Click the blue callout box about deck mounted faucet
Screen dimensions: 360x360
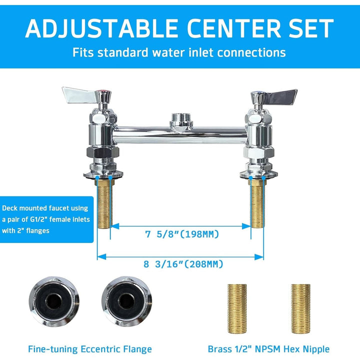(46, 219)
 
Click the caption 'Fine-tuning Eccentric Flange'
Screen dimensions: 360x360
(90, 349)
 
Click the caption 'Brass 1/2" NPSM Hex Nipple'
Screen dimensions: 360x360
(268, 349)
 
